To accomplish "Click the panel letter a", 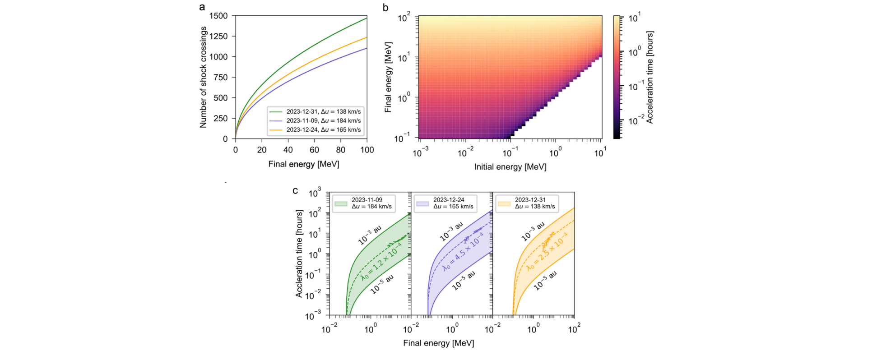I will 202,7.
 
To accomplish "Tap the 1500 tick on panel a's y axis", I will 218,16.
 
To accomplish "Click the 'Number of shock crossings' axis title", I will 204,77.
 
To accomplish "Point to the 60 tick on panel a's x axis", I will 314,150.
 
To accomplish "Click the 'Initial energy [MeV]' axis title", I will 510,167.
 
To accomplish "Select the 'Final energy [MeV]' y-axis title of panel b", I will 388,77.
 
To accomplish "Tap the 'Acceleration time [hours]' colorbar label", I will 650,77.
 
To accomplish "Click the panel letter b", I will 385,7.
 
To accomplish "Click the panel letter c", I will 295,190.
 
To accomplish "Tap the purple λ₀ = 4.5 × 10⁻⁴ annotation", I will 463,252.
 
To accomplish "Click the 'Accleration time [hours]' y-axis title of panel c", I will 299,254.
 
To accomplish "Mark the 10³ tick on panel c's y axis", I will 315,194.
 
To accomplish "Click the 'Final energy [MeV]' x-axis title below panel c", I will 439,343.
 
